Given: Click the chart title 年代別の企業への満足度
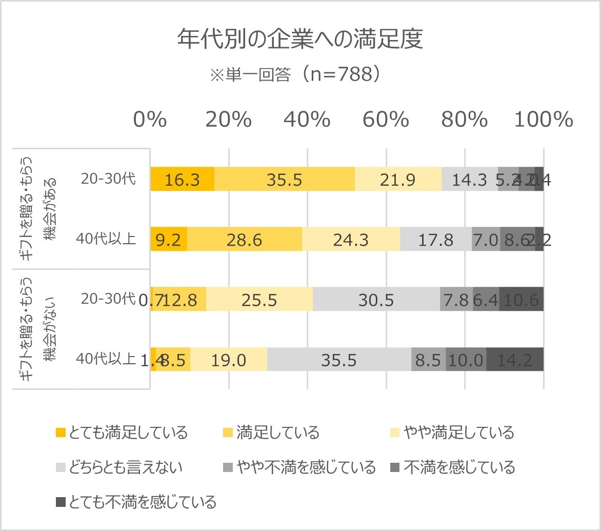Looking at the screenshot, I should pyautogui.click(x=300, y=40).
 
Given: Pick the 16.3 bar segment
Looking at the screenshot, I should pyautogui.click(x=182, y=179).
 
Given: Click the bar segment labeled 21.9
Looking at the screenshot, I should pyautogui.click(x=398, y=179).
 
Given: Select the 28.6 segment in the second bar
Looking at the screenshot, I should pyautogui.click(x=245, y=239).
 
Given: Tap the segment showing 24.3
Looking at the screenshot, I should pyautogui.click(x=351, y=239).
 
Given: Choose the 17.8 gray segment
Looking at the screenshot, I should pyautogui.click(x=436, y=239).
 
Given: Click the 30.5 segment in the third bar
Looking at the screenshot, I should pyautogui.click(x=376, y=299).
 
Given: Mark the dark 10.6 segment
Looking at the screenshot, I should pyautogui.click(x=522, y=299).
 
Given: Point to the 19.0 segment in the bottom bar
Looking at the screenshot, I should pyautogui.click(x=229, y=359).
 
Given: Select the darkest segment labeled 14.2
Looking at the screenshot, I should pyautogui.click(x=515, y=359).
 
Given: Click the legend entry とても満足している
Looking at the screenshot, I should pyautogui.click(x=122, y=433).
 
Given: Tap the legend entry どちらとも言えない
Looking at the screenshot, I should pyautogui.click(x=119, y=467).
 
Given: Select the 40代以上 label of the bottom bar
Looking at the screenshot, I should pyautogui.click(x=106, y=359).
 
